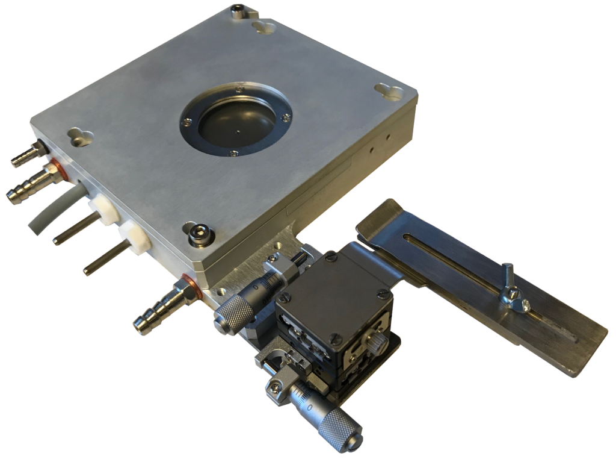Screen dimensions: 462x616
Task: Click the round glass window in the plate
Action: click(236, 120)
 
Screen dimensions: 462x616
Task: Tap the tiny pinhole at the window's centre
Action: click(239, 128)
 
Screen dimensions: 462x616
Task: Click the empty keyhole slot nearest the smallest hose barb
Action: click(81, 134)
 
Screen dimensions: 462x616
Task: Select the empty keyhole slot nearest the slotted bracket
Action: click(389, 91)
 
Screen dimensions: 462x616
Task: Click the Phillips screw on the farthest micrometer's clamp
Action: click(274, 384)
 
